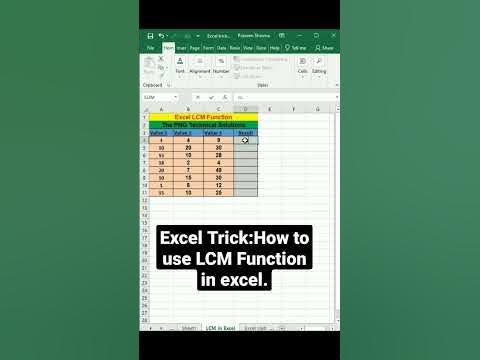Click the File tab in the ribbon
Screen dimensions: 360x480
(x=150, y=47)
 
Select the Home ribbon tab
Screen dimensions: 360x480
(x=168, y=47)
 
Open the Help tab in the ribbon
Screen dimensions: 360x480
(x=274, y=47)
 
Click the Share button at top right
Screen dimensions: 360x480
(x=324, y=47)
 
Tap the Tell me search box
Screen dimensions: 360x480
(x=299, y=47)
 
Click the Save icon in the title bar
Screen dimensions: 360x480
(x=149, y=36)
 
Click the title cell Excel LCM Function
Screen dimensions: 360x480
(x=203, y=116)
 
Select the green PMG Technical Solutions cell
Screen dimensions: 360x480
(x=203, y=124)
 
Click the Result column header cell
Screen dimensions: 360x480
(x=246, y=132)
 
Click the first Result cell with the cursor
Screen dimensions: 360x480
(x=246, y=140)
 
